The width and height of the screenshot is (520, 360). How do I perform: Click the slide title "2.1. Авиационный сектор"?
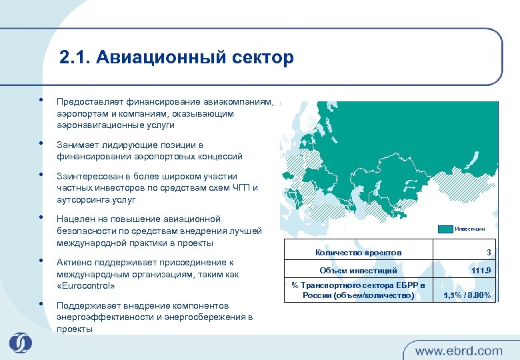176,57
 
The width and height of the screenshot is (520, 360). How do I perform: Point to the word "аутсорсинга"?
82,199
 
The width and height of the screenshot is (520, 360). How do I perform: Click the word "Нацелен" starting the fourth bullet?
73,219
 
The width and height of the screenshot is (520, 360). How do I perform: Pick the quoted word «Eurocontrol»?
86,285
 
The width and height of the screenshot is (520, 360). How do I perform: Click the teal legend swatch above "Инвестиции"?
445,229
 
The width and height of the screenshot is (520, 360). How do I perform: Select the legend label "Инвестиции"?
470,229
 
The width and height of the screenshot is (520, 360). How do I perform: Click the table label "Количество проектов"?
358,253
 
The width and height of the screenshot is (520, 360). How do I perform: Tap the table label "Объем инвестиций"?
358,271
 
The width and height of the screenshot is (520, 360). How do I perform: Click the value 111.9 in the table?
481,271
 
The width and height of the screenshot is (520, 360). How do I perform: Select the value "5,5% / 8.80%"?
467,295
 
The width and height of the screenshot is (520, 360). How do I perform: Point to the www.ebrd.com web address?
459,350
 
